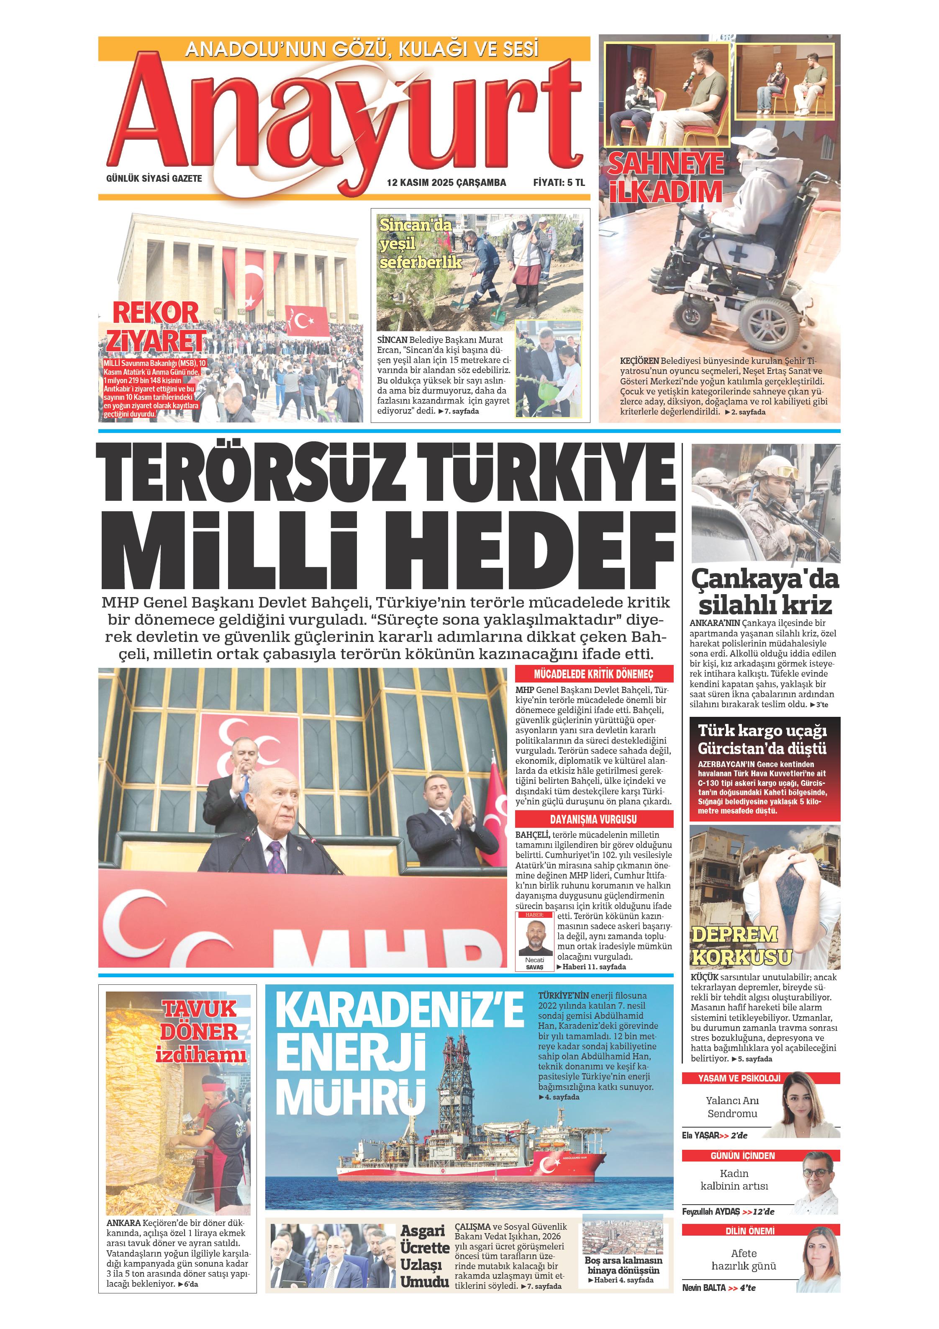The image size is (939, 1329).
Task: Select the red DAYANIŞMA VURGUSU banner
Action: (594, 819)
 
